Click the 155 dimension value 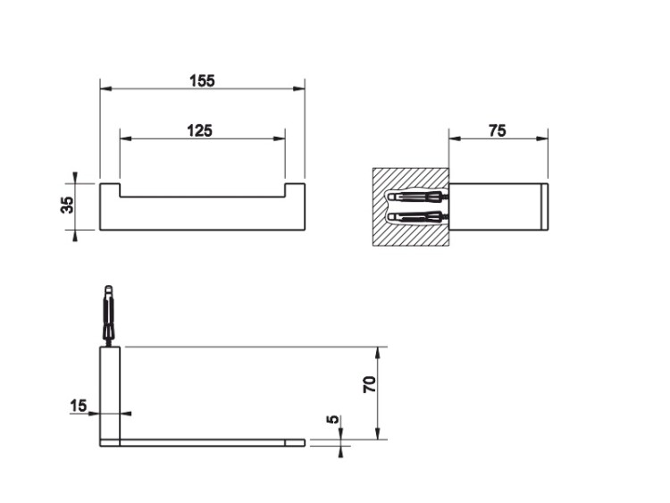(202, 80)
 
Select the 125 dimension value (199, 130)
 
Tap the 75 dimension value (497, 130)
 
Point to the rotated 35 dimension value (68, 205)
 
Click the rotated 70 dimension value (370, 385)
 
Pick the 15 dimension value (79, 406)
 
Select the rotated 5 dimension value (333, 419)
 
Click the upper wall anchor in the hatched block (417, 197)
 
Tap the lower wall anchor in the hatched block (417, 217)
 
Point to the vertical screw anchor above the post (109, 315)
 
